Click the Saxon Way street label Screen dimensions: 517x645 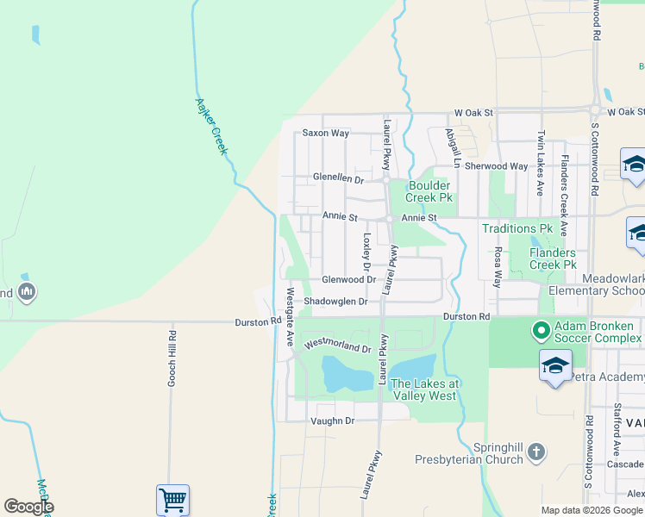(325, 134)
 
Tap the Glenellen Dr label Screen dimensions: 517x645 (338, 178)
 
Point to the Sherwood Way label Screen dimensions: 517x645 (496, 166)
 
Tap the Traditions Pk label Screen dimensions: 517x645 (517, 228)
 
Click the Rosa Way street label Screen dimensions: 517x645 (498, 267)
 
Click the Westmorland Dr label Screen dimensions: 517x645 (335, 344)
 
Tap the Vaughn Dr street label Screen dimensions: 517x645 (332, 420)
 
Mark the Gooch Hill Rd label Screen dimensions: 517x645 (172, 358)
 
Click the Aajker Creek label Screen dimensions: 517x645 (211, 126)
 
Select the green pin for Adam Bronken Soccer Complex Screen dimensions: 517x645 (541, 330)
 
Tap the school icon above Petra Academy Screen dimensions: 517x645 (555, 366)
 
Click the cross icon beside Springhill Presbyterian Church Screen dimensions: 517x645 (536, 451)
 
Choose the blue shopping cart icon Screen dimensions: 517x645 (172, 500)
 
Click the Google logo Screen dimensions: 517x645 (29, 507)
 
